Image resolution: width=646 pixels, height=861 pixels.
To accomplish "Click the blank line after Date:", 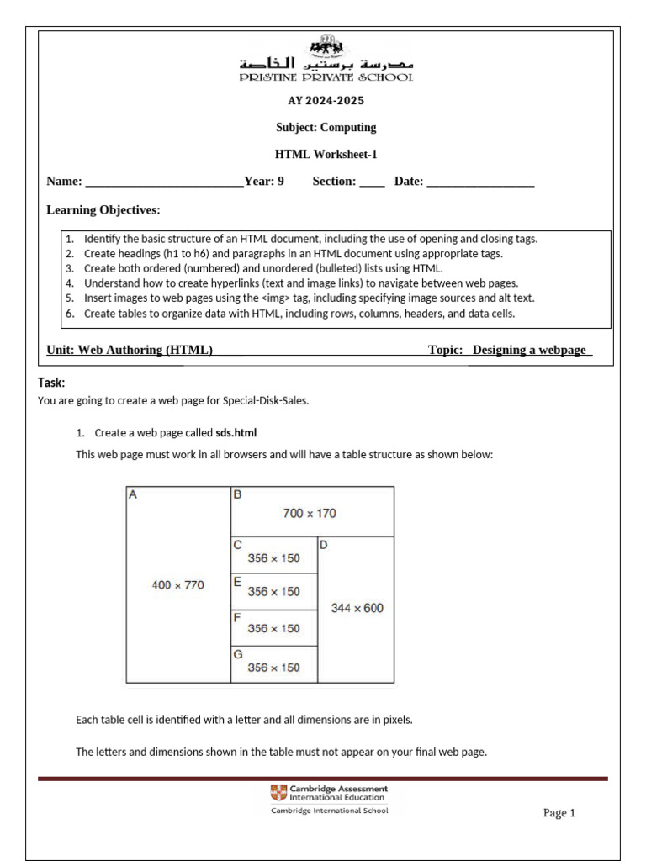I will click(x=480, y=182).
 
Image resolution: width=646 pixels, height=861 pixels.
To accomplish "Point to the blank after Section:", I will click(x=372, y=182).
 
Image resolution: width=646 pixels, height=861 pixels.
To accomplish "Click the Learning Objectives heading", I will click(x=103, y=209).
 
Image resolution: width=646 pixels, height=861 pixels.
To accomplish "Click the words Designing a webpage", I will click(x=529, y=350).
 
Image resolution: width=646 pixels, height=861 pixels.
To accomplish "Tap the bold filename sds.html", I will click(x=236, y=433).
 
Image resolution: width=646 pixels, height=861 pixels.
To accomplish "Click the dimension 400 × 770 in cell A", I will click(x=177, y=585).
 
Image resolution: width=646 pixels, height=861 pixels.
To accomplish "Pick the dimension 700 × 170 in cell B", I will click(x=310, y=513).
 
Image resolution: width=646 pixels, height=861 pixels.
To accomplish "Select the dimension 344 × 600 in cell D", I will click(x=357, y=608).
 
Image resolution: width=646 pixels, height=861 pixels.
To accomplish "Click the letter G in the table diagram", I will click(x=237, y=652).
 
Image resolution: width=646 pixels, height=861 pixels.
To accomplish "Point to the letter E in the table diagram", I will click(x=237, y=580).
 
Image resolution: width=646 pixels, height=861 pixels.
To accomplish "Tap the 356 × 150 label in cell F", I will click(x=273, y=628).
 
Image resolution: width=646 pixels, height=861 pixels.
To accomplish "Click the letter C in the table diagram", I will click(x=237, y=544).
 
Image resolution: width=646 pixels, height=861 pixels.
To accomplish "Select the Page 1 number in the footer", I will click(x=559, y=813).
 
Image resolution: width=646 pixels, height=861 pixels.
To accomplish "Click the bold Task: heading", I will click(x=51, y=383).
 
